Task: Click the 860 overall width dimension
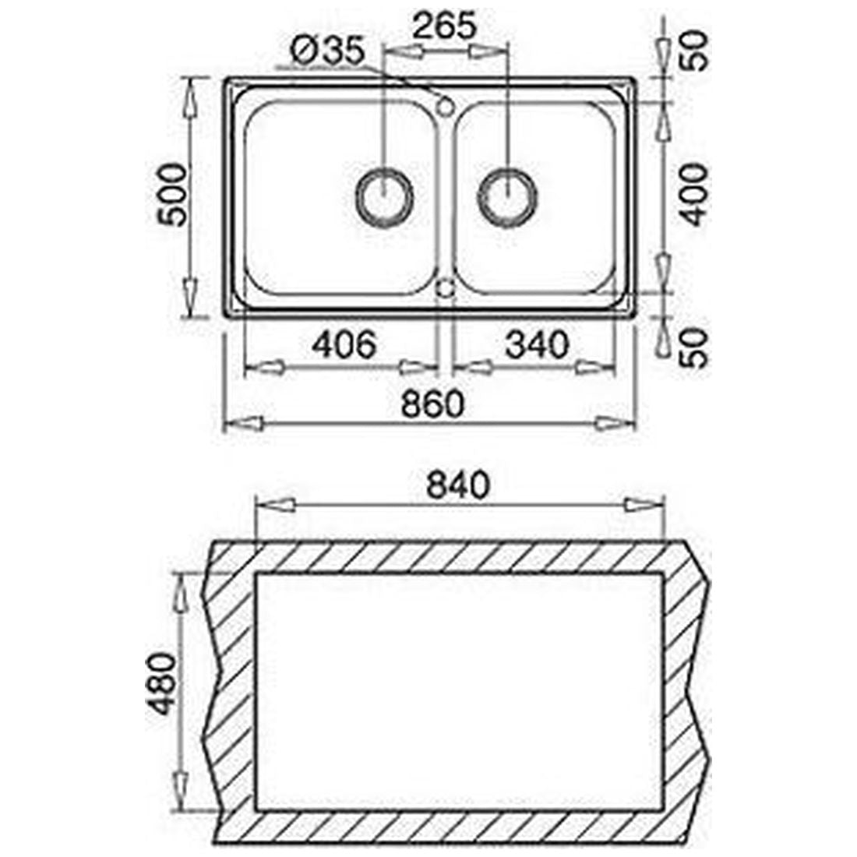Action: [x=432, y=404]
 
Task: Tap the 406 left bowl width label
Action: [x=344, y=344]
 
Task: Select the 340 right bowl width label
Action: [x=538, y=344]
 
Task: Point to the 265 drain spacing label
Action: [x=444, y=25]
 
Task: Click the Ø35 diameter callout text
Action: [x=327, y=51]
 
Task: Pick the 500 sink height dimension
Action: [x=172, y=195]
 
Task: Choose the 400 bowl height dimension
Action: [x=695, y=195]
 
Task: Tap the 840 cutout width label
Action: [x=458, y=485]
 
